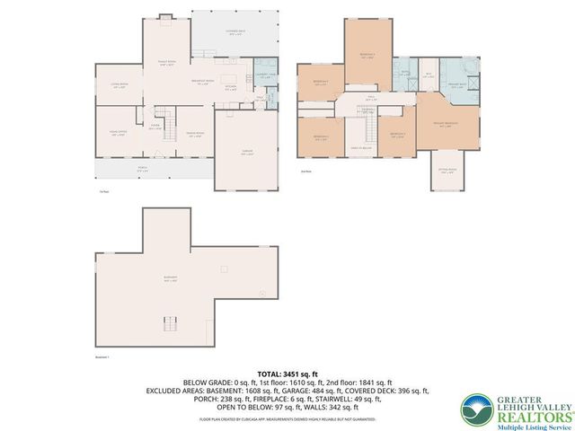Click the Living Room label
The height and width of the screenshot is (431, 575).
coord(120,85)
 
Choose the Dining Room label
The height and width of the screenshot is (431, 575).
coord(193,135)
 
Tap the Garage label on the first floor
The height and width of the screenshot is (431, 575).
coord(244,154)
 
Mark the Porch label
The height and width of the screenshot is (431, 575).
coord(143,169)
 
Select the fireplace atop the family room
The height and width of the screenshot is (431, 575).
coord(165,16)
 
